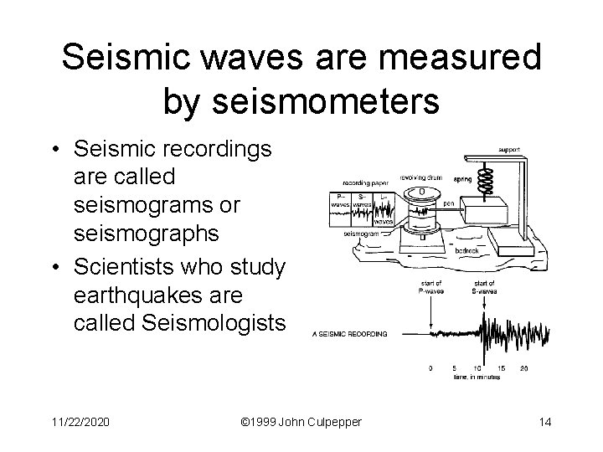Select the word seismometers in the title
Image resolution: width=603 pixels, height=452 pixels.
(x=322, y=101)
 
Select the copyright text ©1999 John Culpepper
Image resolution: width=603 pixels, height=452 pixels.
(x=301, y=421)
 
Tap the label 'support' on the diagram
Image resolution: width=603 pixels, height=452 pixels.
(x=510, y=150)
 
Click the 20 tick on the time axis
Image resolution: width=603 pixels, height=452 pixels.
(x=523, y=367)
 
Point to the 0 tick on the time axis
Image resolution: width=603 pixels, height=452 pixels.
(x=430, y=367)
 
